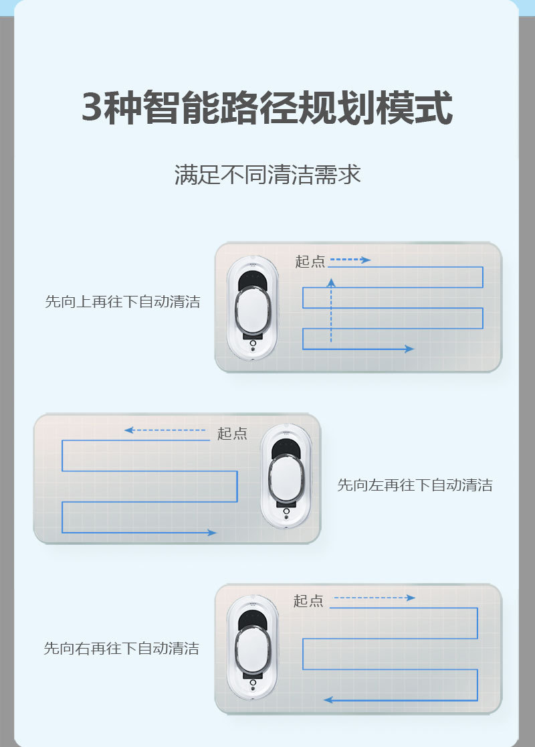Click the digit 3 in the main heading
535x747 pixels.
[94, 108]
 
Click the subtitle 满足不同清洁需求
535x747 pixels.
[267, 175]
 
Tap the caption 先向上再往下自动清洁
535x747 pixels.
[122, 302]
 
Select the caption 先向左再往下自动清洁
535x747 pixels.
[415, 485]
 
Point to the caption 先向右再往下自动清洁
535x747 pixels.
[121, 649]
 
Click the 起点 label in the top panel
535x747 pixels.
[310, 262]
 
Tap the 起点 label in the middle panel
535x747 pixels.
[232, 434]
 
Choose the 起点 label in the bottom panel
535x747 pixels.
[308, 601]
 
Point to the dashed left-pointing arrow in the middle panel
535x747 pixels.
[165, 430]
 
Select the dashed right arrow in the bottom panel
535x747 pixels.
[374, 598]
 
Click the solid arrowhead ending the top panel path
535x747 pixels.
[409, 349]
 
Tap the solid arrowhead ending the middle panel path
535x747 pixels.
[211, 533]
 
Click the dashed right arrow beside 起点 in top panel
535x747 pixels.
[350, 260]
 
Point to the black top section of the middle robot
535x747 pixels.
[286, 446]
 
